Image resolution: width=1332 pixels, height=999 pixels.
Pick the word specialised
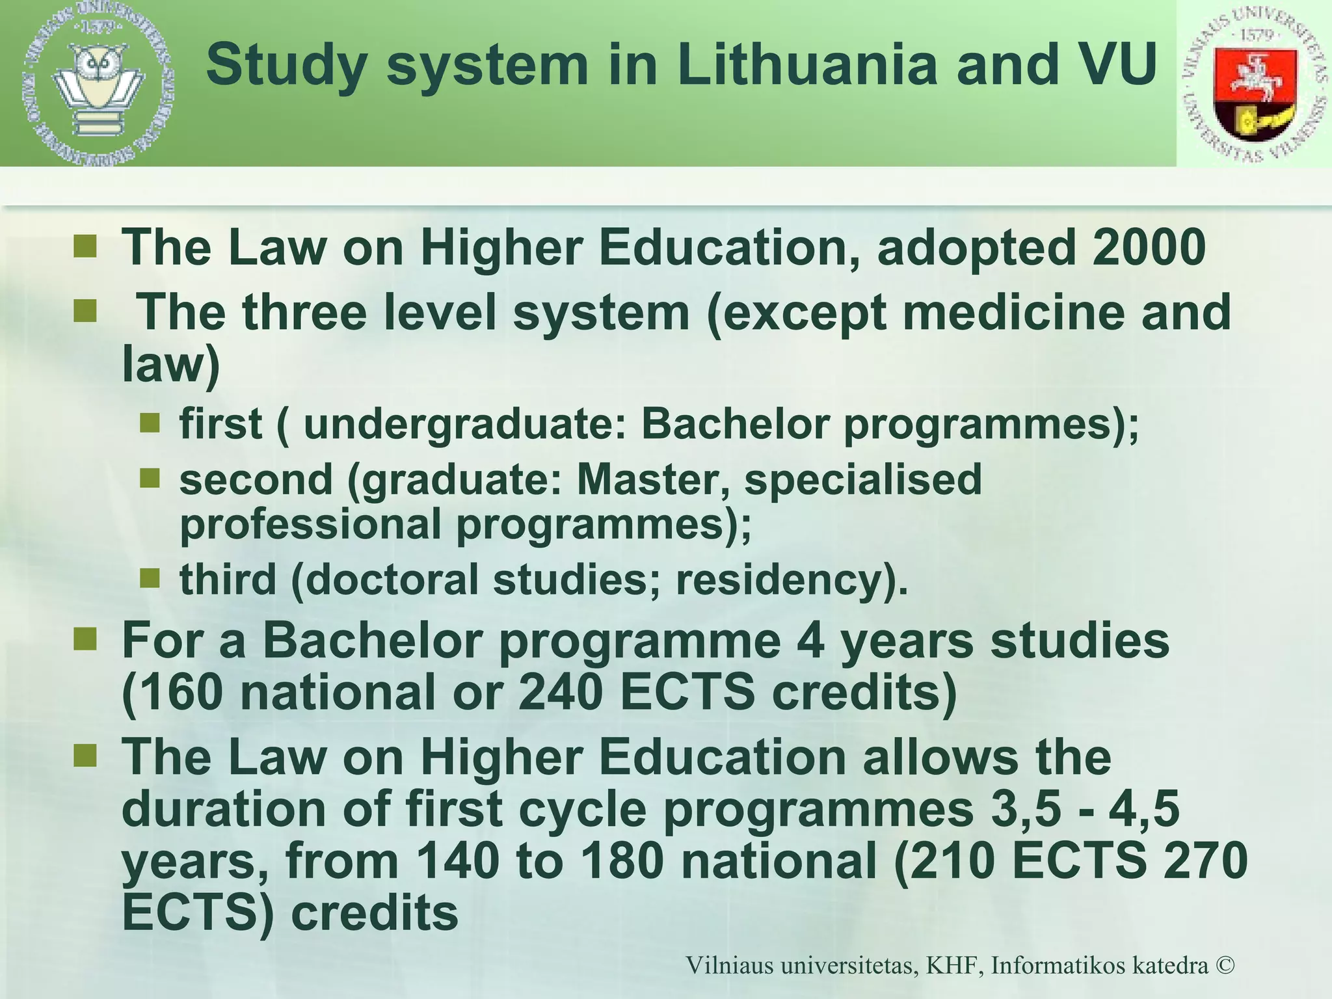point(862,479)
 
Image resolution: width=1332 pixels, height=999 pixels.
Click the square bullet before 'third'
point(150,577)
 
